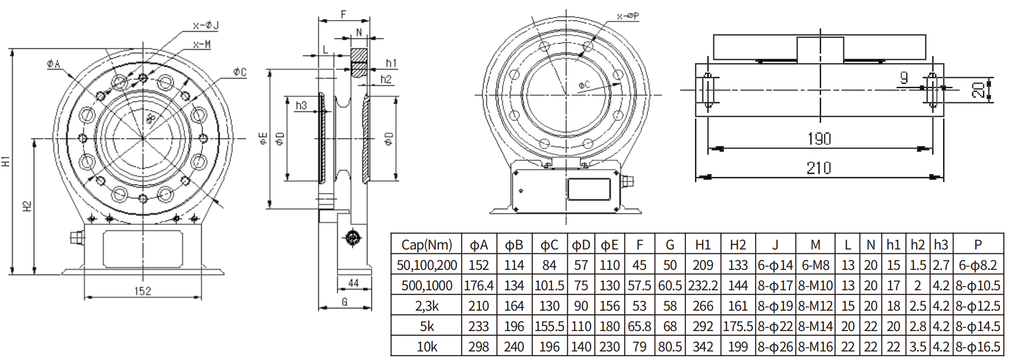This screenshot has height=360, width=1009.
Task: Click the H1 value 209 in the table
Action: click(x=703, y=265)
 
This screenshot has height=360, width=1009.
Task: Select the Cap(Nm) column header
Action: click(x=426, y=245)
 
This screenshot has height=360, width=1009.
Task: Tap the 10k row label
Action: click(x=426, y=347)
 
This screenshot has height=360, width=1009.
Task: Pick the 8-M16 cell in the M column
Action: click(x=815, y=347)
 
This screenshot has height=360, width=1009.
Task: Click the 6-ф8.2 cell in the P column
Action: click(x=978, y=265)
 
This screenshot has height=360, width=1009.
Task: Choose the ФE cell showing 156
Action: click(x=610, y=306)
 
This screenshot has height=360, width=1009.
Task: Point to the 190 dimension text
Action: click(x=819, y=139)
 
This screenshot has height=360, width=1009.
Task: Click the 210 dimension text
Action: click(x=819, y=168)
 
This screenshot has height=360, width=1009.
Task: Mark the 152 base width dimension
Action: click(x=142, y=291)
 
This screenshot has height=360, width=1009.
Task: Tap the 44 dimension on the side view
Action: click(x=353, y=283)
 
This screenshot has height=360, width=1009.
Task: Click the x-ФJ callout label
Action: click(x=206, y=26)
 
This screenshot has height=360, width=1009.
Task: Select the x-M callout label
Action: click(x=202, y=45)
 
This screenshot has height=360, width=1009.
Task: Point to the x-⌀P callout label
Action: click(x=628, y=17)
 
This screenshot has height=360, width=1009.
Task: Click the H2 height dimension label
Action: click(x=27, y=206)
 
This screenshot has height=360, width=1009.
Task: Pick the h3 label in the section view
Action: click(x=301, y=105)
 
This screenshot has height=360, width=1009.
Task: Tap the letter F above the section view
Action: click(x=343, y=15)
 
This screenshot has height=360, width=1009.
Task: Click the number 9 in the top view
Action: click(x=904, y=77)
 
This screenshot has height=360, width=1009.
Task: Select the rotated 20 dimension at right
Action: click(x=977, y=90)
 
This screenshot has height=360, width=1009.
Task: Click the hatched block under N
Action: click(x=359, y=63)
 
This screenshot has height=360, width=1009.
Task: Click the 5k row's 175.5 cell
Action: click(x=738, y=326)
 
